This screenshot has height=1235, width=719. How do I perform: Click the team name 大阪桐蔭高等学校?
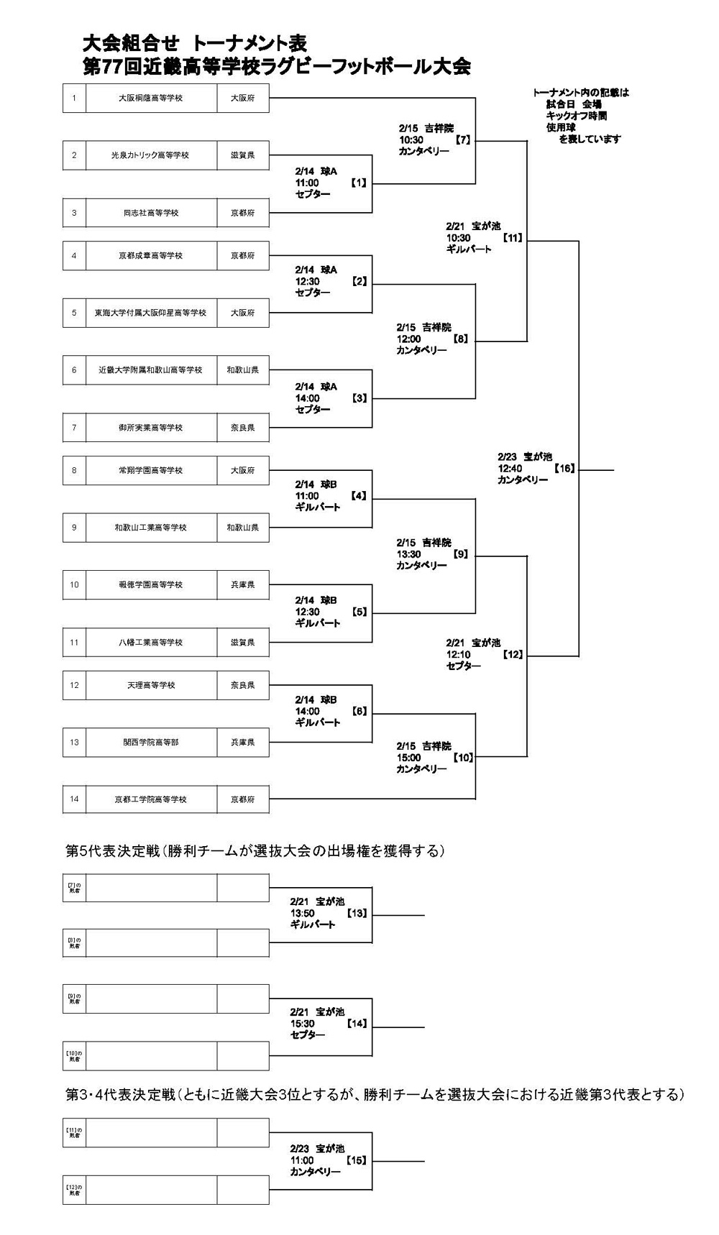[x=151, y=98]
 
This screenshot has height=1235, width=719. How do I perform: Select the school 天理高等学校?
[x=151, y=685]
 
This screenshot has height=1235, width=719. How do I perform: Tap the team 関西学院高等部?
[x=151, y=742]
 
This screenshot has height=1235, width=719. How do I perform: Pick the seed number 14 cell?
[x=74, y=799]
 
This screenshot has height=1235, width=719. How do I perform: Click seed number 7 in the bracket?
[x=74, y=427]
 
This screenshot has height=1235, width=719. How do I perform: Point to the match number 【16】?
[x=564, y=468]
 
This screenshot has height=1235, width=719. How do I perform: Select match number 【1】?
[x=359, y=183]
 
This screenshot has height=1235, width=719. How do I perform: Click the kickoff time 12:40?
[x=510, y=468]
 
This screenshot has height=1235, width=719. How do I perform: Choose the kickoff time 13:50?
[x=303, y=913]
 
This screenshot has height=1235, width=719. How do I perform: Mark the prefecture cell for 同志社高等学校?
[x=243, y=213]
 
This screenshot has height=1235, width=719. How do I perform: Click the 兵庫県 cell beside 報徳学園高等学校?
[x=243, y=584]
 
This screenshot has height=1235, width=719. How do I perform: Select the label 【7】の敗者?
[x=74, y=888]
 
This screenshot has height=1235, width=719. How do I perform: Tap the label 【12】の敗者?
[x=74, y=1190]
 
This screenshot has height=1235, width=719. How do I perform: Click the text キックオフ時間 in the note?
[x=576, y=116]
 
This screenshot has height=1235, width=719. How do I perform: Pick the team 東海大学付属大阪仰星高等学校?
[x=151, y=313]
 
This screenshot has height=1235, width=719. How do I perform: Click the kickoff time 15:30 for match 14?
[x=303, y=1023]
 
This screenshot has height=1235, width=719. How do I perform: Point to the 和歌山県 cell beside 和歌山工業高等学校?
[x=243, y=527]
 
